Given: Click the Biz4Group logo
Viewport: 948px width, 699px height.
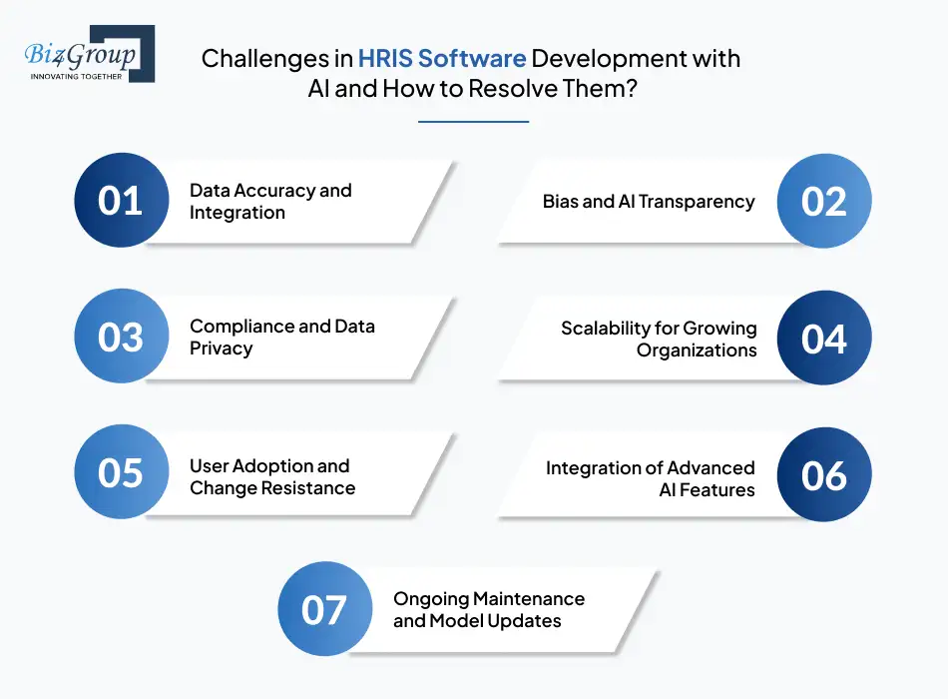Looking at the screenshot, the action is click(x=90, y=54).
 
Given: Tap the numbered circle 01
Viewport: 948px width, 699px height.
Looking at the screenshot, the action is click(x=122, y=200).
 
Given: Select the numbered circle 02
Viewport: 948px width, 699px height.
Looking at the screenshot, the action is click(x=824, y=201).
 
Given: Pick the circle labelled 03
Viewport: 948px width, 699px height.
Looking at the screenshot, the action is click(x=122, y=336).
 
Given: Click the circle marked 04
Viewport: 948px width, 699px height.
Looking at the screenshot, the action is click(x=824, y=338).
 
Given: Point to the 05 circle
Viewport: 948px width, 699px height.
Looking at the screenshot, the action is click(x=122, y=471).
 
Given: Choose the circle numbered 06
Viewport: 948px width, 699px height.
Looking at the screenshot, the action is click(x=824, y=474).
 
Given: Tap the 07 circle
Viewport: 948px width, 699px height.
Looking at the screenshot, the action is click(x=325, y=609).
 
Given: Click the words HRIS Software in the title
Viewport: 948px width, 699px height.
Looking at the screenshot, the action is click(x=442, y=59).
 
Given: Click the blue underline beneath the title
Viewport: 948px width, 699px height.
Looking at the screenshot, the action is click(x=473, y=122).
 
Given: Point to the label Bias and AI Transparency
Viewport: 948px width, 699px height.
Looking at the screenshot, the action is click(x=649, y=202).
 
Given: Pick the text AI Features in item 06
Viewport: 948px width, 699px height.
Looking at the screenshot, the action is click(x=707, y=489).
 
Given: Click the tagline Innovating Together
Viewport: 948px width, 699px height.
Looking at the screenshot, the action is click(x=76, y=77).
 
